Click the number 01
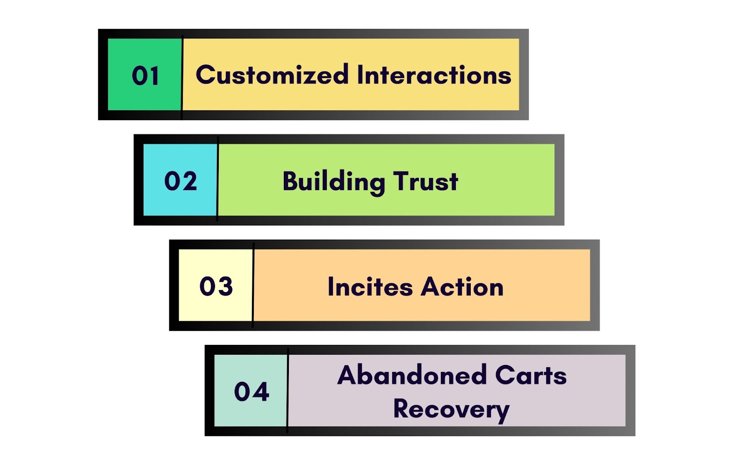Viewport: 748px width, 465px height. pyautogui.click(x=145, y=76)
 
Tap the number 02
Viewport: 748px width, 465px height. pyautogui.click(x=180, y=181)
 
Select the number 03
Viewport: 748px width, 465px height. pyautogui.click(x=216, y=286)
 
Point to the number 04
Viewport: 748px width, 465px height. pyautogui.click(x=252, y=392)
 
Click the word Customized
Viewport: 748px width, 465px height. pyautogui.click(x=272, y=74)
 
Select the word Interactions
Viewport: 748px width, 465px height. pyautogui.click(x=434, y=74)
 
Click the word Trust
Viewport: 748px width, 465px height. pyautogui.click(x=425, y=181)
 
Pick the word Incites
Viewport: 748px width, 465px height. pyautogui.click(x=370, y=286)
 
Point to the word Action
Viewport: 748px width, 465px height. pyautogui.click(x=462, y=286)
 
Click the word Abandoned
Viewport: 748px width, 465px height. pyautogui.click(x=412, y=374)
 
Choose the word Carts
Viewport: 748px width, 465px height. pyautogui.click(x=531, y=375)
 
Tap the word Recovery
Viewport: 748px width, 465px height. pyautogui.click(x=451, y=410)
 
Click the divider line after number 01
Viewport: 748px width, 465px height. pyautogui.click(x=182, y=78)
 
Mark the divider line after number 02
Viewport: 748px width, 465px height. pyautogui.click(x=217, y=179)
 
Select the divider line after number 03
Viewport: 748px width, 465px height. pyautogui.click(x=253, y=285)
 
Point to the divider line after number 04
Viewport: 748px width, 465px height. pyautogui.click(x=288, y=391)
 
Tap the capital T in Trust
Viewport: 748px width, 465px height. pyautogui.click(x=402, y=181)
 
